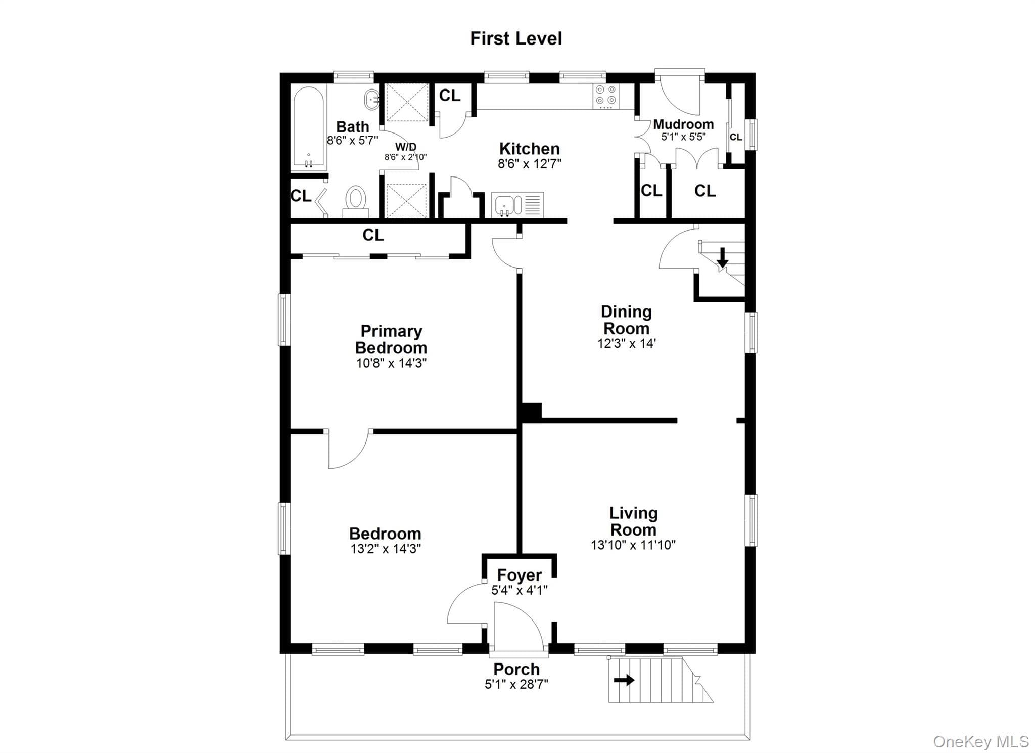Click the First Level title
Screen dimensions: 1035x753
pyautogui.click(x=516, y=38)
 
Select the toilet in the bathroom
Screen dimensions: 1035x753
pyautogui.click(x=355, y=201)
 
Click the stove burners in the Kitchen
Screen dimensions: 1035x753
pyautogui.click(x=605, y=96)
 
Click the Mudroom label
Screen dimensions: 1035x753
pyautogui.click(x=683, y=124)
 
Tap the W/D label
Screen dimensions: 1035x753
pyautogui.click(x=405, y=147)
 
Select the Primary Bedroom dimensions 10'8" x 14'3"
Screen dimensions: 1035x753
pyautogui.click(x=391, y=363)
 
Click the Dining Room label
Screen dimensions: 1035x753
pyautogui.click(x=626, y=320)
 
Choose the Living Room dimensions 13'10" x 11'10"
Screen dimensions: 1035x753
pyautogui.click(x=633, y=545)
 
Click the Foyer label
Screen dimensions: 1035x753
pyautogui.click(x=519, y=575)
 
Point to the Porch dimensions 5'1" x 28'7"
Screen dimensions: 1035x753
pyautogui.click(x=516, y=684)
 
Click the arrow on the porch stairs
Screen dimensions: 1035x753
pyautogui.click(x=624, y=680)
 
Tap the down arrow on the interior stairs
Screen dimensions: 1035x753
pyautogui.click(x=723, y=257)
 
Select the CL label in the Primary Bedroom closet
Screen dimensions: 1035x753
pyautogui.click(x=373, y=235)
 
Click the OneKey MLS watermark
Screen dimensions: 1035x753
pyautogui.click(x=980, y=742)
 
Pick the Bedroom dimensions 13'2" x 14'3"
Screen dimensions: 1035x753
pyautogui.click(x=386, y=549)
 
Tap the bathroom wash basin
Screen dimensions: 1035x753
pyautogui.click(x=372, y=100)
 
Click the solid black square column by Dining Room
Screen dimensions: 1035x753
pyautogui.click(x=531, y=412)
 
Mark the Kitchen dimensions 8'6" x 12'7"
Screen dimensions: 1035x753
pyautogui.click(x=530, y=164)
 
